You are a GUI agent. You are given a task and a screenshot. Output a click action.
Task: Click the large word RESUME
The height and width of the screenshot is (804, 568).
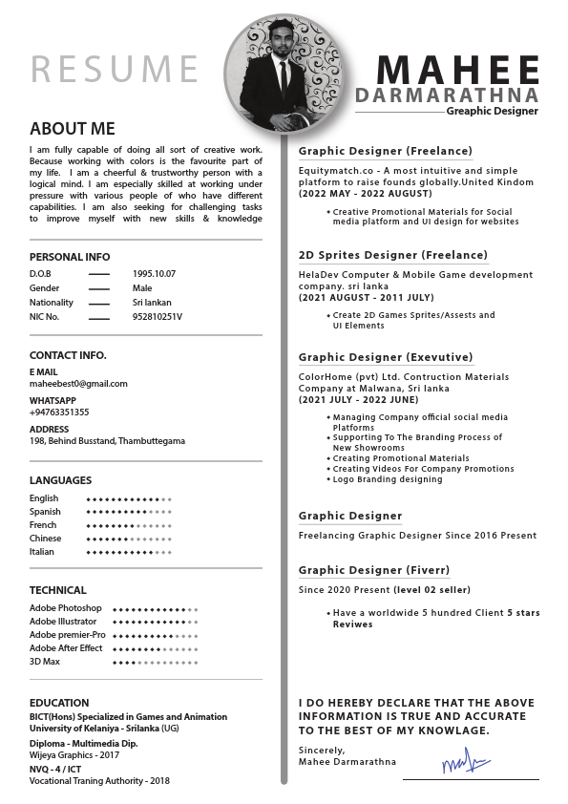pyautogui.click(x=115, y=69)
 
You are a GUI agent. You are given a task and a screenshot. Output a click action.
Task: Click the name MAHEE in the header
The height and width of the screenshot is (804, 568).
pyautogui.click(x=457, y=70)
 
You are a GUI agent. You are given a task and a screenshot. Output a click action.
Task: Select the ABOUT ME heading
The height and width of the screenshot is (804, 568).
pyautogui.click(x=72, y=129)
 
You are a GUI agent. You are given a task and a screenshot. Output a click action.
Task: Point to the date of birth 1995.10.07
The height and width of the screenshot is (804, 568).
pyautogui.click(x=154, y=273)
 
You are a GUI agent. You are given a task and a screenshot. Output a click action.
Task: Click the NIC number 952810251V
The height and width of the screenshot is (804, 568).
pyautogui.click(x=157, y=316)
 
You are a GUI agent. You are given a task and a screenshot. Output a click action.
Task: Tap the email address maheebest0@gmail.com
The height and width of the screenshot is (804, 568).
pyautogui.click(x=78, y=384)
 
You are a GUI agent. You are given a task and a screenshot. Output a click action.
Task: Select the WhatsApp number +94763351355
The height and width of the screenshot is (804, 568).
pyautogui.click(x=59, y=413)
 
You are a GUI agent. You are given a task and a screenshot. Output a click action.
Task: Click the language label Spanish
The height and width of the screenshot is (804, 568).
pyautogui.click(x=45, y=512)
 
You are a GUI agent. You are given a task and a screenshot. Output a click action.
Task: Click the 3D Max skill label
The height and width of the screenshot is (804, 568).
pyautogui.click(x=45, y=662)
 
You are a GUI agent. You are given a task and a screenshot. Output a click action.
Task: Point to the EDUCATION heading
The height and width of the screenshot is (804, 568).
pyautogui.click(x=59, y=703)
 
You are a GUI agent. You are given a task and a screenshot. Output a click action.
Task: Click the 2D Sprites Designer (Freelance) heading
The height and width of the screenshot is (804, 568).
pyautogui.click(x=392, y=255)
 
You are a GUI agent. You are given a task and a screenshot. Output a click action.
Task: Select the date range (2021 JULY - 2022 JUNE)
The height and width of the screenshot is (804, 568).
pyautogui.click(x=359, y=400)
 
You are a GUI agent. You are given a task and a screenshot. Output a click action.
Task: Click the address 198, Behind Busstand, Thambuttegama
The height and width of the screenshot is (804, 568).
pyautogui.click(x=107, y=441)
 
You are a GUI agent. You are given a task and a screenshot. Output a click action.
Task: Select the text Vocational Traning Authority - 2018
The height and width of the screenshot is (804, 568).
pyautogui.click(x=99, y=780)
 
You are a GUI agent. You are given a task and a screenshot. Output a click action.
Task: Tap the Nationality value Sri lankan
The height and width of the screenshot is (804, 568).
pyautogui.click(x=152, y=302)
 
